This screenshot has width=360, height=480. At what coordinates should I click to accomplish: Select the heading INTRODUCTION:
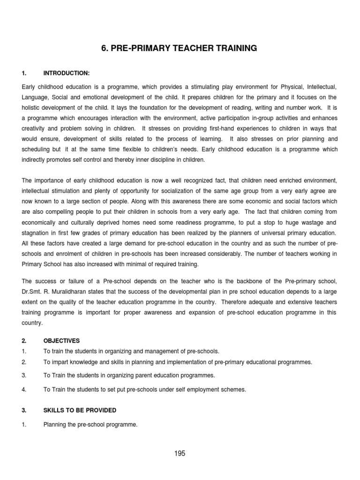[66, 73]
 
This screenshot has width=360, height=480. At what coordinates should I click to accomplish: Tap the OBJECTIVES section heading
[62, 341]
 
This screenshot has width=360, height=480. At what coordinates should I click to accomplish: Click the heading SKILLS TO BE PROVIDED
[80, 410]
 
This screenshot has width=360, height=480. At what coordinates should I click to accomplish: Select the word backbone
[236, 281]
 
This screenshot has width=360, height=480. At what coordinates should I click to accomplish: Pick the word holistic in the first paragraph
[32, 107]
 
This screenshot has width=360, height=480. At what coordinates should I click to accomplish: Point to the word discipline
[160, 159]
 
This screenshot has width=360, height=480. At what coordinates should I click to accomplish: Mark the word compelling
[52, 212]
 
